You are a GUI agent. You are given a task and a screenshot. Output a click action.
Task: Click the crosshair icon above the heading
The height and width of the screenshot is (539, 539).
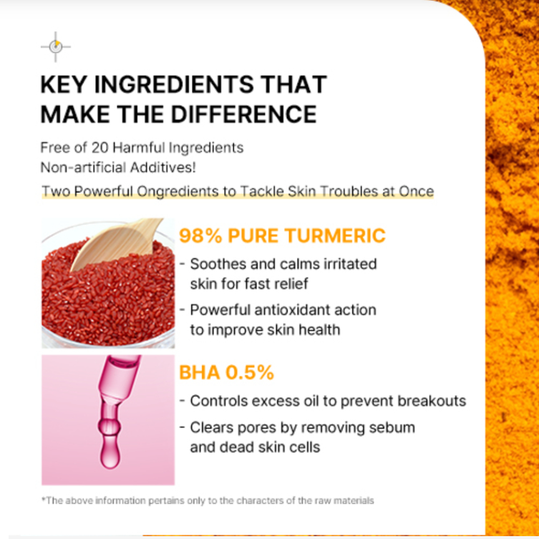[56, 47]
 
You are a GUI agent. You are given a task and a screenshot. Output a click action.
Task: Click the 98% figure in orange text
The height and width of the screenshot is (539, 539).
[200, 236]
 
